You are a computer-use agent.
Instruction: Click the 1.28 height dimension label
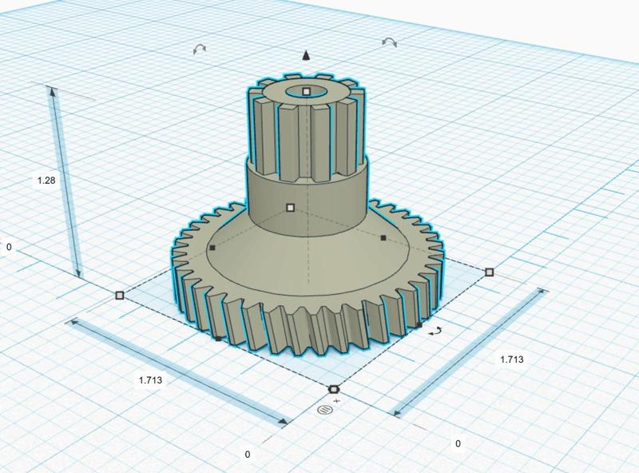[46, 181]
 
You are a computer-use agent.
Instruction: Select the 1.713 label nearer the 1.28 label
[150, 380]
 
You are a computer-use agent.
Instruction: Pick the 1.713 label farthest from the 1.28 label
[512, 360]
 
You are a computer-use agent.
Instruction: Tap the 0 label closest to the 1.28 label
[9, 247]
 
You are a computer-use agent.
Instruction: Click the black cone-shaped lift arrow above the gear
[306, 55]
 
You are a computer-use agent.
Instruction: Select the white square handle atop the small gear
[307, 92]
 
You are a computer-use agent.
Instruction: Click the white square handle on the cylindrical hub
[290, 208]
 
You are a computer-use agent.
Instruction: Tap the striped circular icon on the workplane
[325, 410]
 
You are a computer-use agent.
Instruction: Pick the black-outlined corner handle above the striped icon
[334, 389]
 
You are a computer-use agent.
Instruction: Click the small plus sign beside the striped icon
[336, 401]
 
